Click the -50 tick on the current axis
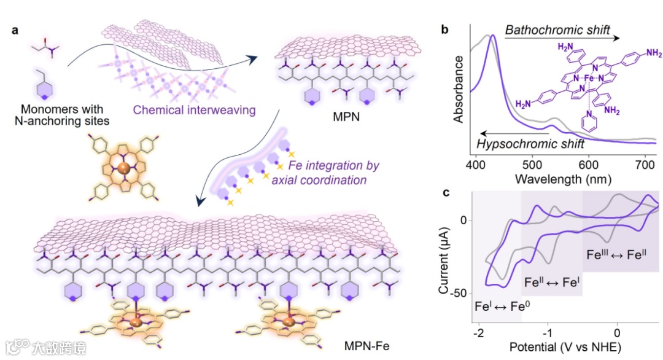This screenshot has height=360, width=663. click(459, 293)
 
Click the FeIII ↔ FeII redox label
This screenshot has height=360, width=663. click(618, 252)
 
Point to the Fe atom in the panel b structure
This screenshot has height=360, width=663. click(588, 79)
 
